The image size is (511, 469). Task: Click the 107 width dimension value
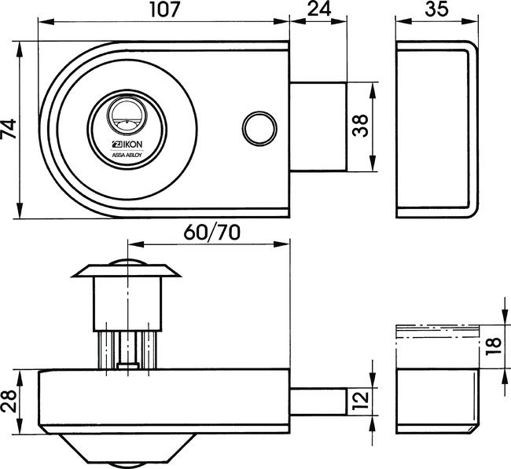coord(166,11)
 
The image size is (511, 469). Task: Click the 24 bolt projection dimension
coord(318,11)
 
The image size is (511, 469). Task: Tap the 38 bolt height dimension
coord(360,126)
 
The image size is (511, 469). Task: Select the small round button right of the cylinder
coord(257,127)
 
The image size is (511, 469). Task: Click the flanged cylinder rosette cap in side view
coord(126,271)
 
